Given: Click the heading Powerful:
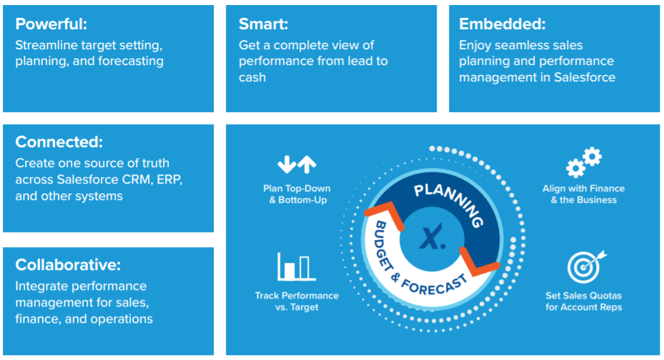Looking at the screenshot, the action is (x=51, y=24).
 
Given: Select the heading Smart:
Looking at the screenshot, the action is (x=264, y=24).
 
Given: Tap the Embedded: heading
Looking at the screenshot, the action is (x=502, y=24).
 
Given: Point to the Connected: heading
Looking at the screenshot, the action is (x=59, y=142).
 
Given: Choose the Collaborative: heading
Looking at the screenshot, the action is (x=68, y=265).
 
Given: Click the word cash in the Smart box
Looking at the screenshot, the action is (x=252, y=77).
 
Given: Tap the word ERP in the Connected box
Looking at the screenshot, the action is (x=169, y=180).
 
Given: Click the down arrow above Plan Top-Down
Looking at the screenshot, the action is (x=287, y=164).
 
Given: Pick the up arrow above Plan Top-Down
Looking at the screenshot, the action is (x=307, y=164).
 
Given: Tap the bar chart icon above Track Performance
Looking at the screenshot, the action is (x=297, y=267).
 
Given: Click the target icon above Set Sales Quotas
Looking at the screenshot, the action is (x=585, y=266).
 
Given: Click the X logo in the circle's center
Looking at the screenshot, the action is (x=432, y=237).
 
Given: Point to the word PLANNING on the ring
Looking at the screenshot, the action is (x=449, y=204).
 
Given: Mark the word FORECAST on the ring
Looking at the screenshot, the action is (x=434, y=284).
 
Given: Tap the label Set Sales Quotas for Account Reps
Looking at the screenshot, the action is (x=583, y=301).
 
